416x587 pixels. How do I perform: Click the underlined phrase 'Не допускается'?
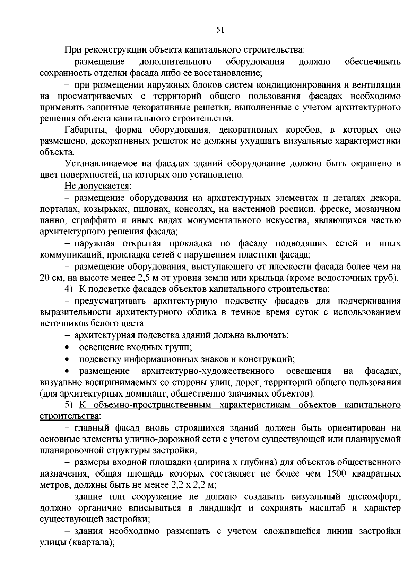click(97, 186)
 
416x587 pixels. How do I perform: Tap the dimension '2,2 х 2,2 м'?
click(194, 485)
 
